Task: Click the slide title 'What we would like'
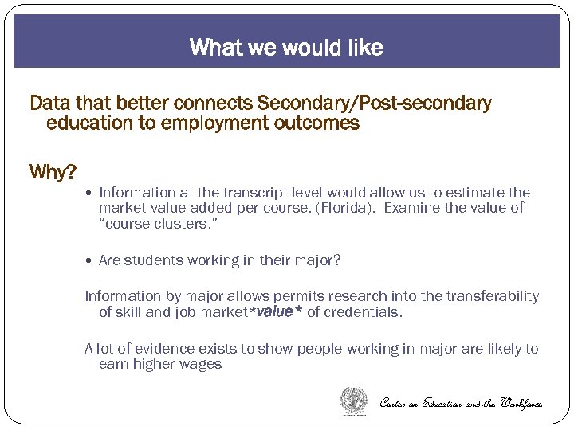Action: pos(286,48)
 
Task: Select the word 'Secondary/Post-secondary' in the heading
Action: pos(375,104)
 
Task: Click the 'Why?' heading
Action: pos(52,171)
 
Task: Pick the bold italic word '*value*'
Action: pos(276,312)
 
